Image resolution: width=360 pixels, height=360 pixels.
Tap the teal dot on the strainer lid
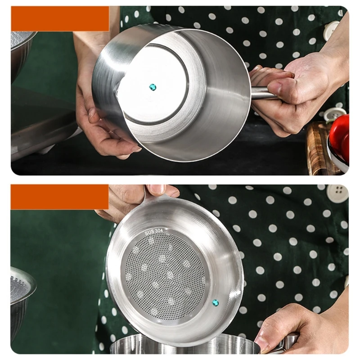215,302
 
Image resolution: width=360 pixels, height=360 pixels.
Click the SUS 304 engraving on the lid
153,232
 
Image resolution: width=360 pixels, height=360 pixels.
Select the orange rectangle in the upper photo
60,18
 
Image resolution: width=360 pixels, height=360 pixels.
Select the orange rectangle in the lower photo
59,197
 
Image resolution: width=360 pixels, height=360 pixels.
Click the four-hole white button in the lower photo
337,193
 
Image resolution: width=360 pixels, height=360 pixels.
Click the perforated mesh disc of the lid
164,274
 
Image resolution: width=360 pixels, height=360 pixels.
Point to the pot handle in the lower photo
288,343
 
